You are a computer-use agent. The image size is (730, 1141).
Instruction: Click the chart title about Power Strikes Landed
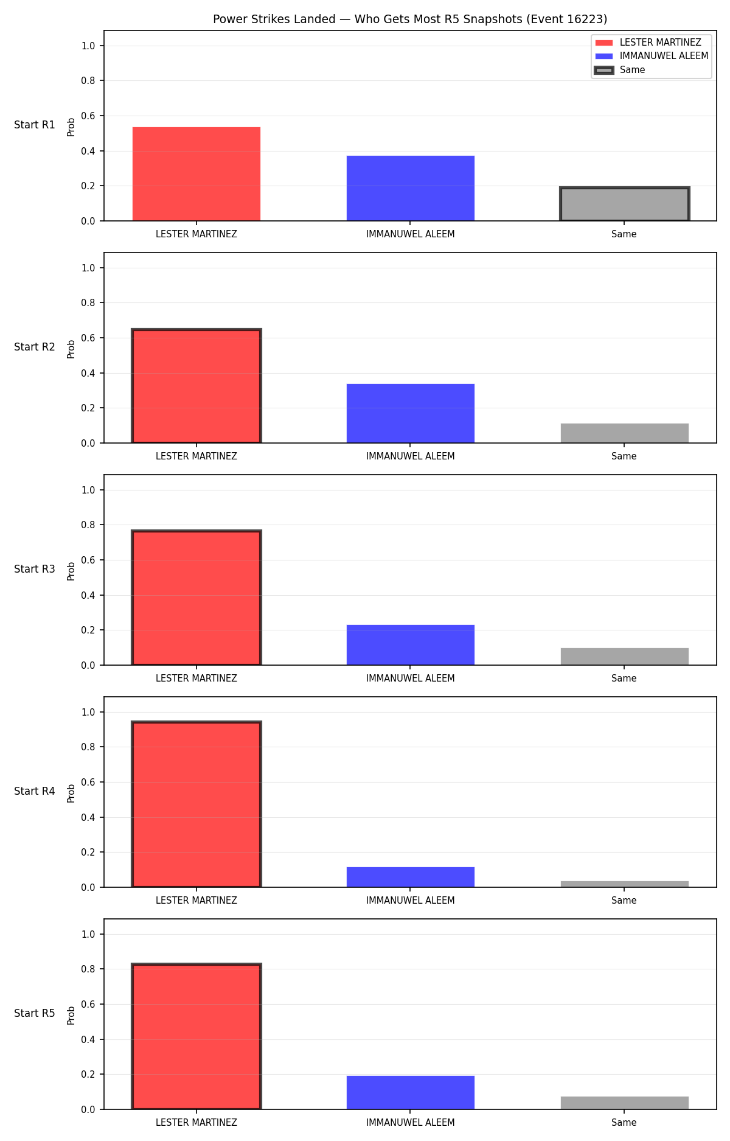pos(410,19)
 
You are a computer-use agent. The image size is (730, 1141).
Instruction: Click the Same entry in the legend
pos(632,70)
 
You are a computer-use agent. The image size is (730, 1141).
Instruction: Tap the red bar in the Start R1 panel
pos(196,174)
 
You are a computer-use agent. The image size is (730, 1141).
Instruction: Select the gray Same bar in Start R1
pos(624,204)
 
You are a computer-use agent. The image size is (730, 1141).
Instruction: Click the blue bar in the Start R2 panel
pos(411,413)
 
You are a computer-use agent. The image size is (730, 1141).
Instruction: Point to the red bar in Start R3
pos(196,598)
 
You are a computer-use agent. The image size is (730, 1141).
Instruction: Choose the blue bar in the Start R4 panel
pos(411,877)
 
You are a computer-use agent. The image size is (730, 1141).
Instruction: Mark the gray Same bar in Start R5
pos(624,1103)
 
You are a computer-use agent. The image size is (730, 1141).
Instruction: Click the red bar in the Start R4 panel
pos(196,804)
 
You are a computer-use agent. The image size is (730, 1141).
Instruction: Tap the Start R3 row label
pos(35,569)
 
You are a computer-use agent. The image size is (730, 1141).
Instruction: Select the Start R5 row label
pos(35,1013)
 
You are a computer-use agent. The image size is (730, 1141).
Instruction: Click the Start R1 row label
pos(35,125)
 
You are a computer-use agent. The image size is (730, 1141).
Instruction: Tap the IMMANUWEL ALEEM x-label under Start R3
pos(411,679)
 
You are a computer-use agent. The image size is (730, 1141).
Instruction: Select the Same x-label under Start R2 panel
pos(624,456)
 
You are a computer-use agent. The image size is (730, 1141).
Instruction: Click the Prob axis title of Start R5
pos(71,1015)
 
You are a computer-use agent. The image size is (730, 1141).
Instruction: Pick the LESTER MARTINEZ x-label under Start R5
pos(196,1123)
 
